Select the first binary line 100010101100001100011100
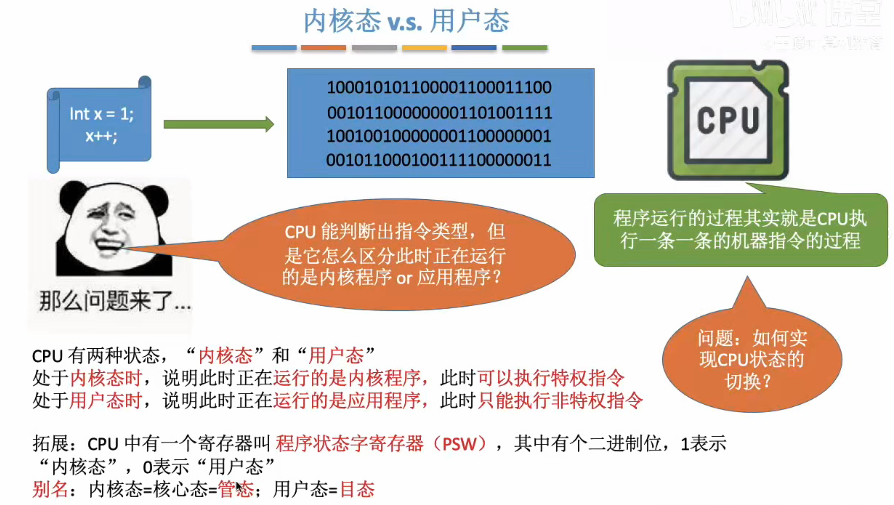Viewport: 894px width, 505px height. click(x=439, y=87)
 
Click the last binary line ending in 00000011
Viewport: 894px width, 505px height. click(x=439, y=160)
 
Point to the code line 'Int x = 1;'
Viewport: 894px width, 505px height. click(x=101, y=114)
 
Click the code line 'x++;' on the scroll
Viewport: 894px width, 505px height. click(x=101, y=136)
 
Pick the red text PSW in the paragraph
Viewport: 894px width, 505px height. click(x=460, y=444)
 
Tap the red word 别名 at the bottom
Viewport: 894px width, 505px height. click(x=50, y=490)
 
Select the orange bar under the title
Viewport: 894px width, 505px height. click(x=323, y=48)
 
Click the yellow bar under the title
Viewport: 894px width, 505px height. click(x=424, y=48)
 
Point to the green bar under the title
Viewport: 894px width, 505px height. click(x=525, y=48)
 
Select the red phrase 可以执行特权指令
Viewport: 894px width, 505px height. click(x=551, y=378)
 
